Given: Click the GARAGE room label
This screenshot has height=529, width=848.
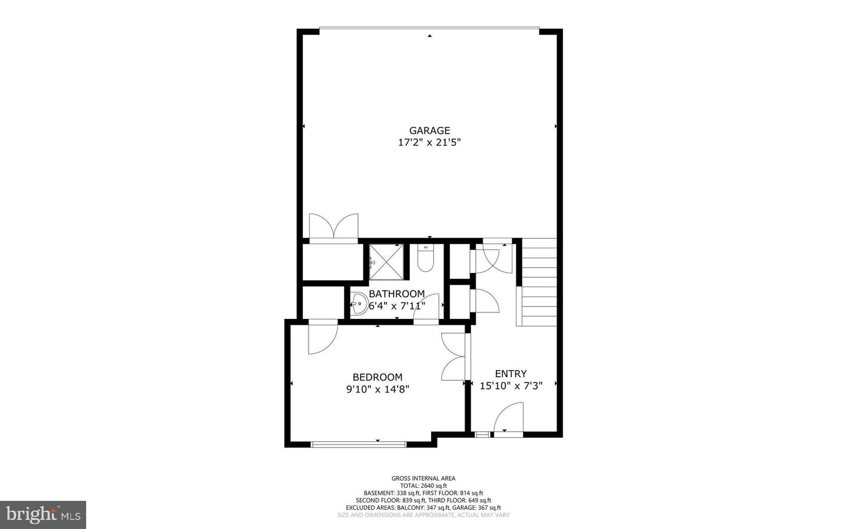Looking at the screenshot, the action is click(x=429, y=131).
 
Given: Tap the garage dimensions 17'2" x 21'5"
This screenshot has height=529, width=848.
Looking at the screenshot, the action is click(x=429, y=142).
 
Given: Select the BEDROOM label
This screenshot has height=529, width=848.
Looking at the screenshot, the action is click(x=377, y=377).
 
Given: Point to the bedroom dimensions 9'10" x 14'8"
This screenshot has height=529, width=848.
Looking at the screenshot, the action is click(x=378, y=390).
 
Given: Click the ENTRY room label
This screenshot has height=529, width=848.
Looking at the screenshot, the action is click(x=511, y=374).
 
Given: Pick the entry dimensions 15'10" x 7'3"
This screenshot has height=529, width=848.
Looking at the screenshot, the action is click(x=511, y=386).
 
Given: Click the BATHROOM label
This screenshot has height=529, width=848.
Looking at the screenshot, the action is click(x=397, y=294).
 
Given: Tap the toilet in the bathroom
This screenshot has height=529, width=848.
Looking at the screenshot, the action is click(x=426, y=258).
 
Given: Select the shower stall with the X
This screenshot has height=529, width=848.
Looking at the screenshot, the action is click(x=386, y=262).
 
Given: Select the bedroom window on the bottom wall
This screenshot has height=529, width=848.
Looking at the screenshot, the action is click(x=358, y=444).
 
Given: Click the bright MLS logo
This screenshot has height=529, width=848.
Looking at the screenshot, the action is click(x=43, y=515).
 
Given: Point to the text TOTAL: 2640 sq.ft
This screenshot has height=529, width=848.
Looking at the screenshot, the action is click(x=423, y=485).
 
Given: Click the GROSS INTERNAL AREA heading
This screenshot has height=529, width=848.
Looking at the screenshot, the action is click(x=423, y=478).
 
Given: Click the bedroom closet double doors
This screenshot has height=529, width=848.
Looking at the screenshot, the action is click(x=453, y=357).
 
